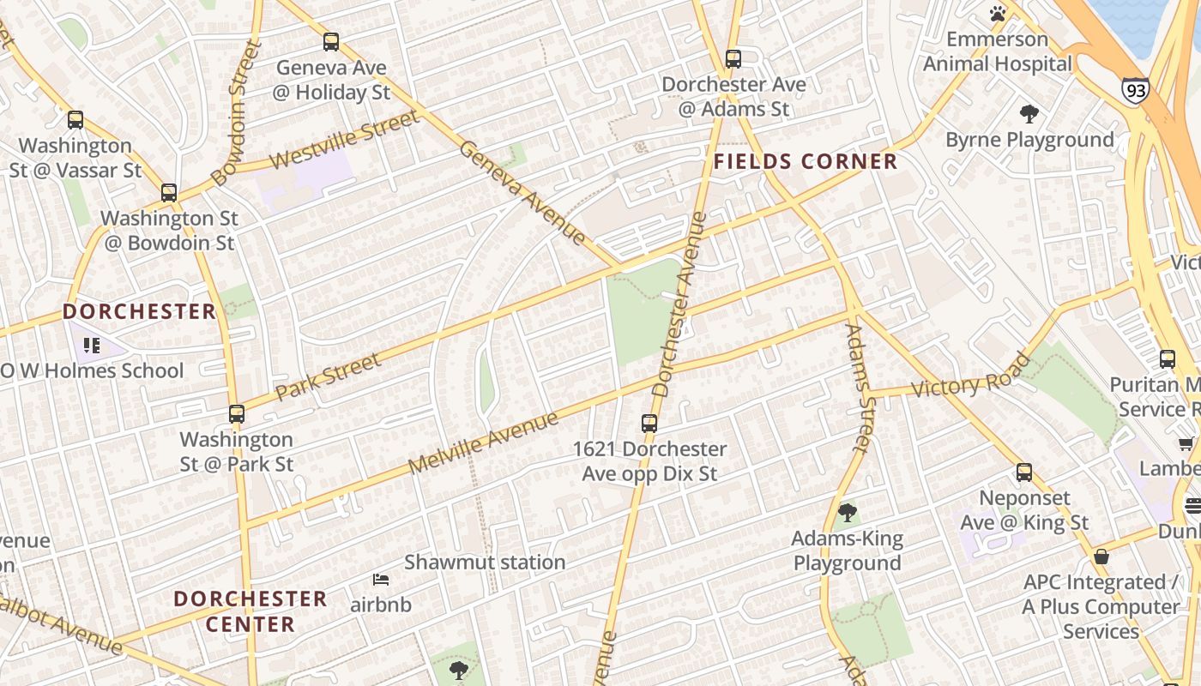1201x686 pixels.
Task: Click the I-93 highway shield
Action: coord(1134,89)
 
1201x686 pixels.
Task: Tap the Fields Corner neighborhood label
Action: coord(806,162)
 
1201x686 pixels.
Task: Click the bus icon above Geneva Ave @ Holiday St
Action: coord(331,41)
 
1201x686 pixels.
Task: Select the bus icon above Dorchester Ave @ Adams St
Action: coord(733,58)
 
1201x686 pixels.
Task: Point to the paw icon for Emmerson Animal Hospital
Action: coord(997,14)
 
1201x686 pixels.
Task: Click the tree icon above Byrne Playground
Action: coord(1029,114)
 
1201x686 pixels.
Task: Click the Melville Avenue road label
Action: coord(483,442)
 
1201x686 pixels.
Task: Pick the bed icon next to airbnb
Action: coord(380,581)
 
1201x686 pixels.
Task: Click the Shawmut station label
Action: coord(485,563)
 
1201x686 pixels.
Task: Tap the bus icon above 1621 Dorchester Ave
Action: coord(649,423)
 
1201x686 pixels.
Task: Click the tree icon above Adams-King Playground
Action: coord(848,513)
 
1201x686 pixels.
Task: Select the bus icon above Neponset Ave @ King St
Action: coord(1024,472)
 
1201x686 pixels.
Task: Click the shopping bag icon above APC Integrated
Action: coord(1101,557)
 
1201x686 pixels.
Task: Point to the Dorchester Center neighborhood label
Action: coord(250,611)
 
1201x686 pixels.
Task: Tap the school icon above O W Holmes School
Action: coord(92,346)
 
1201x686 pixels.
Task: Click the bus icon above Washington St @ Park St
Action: coord(237,413)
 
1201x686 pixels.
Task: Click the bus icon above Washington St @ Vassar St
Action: coord(75,119)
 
